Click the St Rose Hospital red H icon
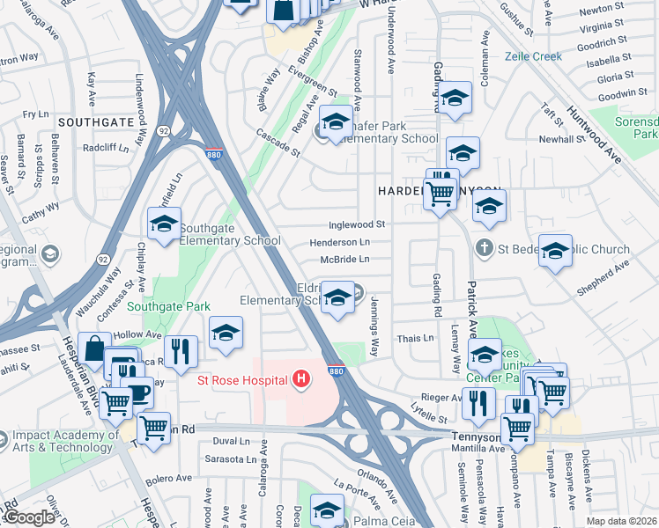pyautogui.click(x=302, y=380)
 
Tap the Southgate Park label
pyautogui.click(x=168, y=306)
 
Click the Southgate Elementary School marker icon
pyautogui.click(x=164, y=225)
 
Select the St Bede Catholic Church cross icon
pyautogui.click(x=484, y=249)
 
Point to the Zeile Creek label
pyautogui.click(x=533, y=56)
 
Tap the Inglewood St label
pyautogui.click(x=358, y=225)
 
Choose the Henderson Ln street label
pyautogui.click(x=339, y=242)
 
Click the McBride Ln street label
pyautogui.click(x=344, y=259)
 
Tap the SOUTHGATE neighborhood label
pyautogui.click(x=95, y=121)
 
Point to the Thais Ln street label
pyautogui.click(x=416, y=338)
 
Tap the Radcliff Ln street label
pyautogui.click(x=106, y=149)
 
